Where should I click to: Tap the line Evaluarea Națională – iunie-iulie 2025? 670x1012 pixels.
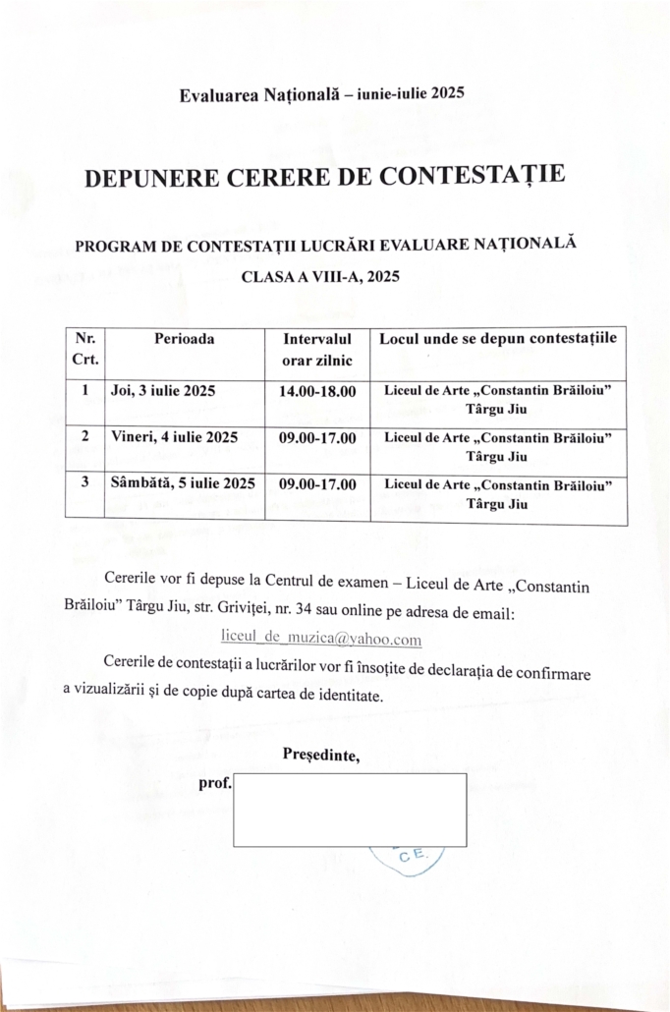321,94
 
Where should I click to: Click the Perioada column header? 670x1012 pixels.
185,339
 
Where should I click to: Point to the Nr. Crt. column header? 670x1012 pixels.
84,349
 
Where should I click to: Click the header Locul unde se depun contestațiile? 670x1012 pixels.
498,339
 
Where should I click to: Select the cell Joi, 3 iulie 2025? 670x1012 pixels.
164,391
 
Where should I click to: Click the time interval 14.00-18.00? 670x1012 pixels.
317,391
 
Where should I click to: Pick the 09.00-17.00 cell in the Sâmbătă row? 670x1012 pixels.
317,483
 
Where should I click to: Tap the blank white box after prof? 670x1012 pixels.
350,810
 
